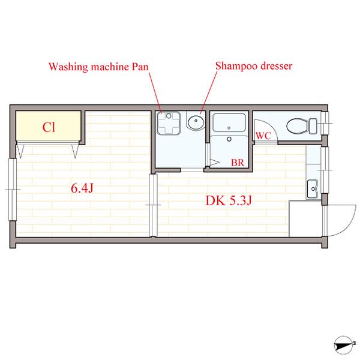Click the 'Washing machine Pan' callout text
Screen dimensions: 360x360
(98, 67)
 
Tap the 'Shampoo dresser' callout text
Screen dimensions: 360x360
(254, 66)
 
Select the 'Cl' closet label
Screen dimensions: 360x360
(49, 127)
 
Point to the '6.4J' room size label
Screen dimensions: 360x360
(82, 188)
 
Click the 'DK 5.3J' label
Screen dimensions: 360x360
(229, 200)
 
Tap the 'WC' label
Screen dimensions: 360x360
(263, 136)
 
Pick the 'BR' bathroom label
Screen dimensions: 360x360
(238, 163)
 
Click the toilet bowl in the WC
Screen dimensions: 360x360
(298, 126)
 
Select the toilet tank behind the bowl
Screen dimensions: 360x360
(313, 126)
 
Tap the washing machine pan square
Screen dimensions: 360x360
(169, 123)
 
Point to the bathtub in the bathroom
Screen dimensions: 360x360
(229, 122)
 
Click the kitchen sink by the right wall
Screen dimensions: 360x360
(313, 189)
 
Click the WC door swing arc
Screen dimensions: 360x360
(272, 127)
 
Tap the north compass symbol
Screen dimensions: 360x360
(344, 346)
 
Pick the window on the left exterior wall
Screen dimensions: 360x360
(13, 190)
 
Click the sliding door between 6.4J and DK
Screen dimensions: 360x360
(153, 205)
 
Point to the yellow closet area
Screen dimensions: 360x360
(49, 125)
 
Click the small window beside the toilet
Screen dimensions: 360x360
(325, 123)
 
